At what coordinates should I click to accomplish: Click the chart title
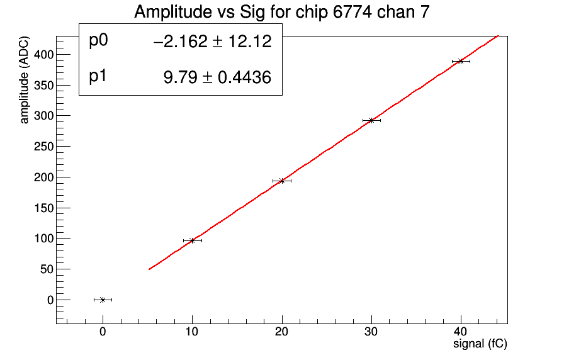click(282, 13)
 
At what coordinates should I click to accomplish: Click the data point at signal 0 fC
click(103, 300)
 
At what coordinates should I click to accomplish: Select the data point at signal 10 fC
click(192, 240)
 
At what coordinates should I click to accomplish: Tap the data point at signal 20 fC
click(282, 181)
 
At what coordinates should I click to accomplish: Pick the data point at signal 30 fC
click(371, 120)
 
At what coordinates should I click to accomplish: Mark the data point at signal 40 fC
click(461, 61)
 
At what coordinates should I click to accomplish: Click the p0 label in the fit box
click(99, 41)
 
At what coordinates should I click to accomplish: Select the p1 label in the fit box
click(99, 77)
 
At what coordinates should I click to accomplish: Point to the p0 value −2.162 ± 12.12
click(212, 42)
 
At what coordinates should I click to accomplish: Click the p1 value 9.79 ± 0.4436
click(217, 78)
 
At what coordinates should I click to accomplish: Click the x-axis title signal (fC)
click(480, 344)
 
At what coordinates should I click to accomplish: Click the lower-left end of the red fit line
click(149, 269)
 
